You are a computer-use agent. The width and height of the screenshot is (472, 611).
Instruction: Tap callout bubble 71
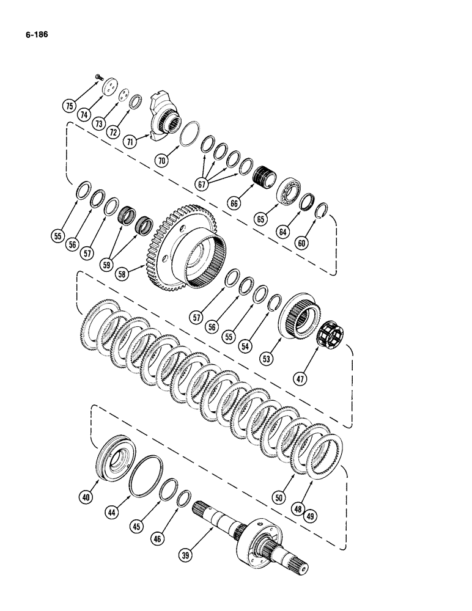coord(129,141)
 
